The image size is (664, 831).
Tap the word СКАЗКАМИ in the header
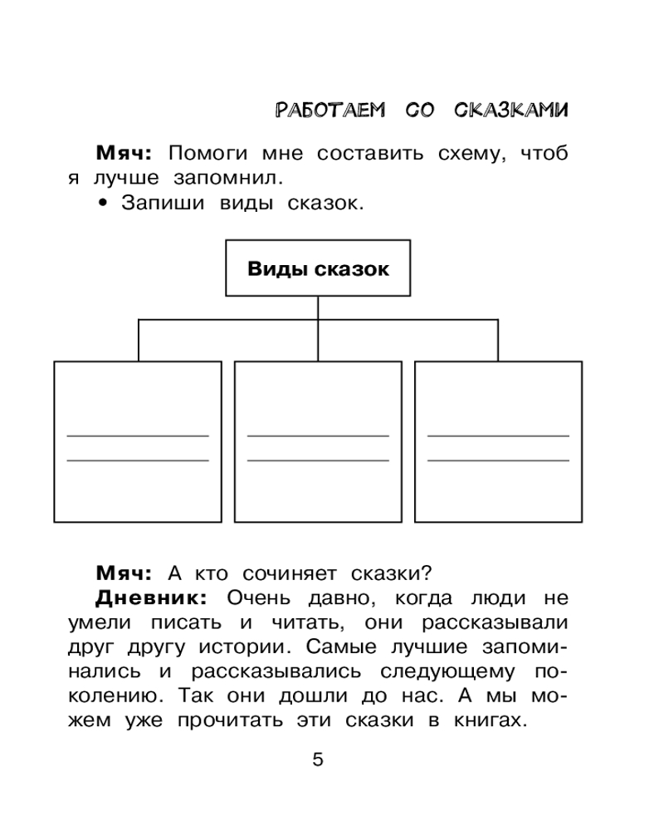[511, 111]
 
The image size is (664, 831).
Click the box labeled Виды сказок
[318, 268]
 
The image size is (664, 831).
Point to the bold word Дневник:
[152, 597]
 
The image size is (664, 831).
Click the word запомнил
[241, 178]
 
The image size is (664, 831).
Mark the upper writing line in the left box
[138, 435]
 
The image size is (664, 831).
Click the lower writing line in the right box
[498, 460]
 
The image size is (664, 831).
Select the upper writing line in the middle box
[318, 435]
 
